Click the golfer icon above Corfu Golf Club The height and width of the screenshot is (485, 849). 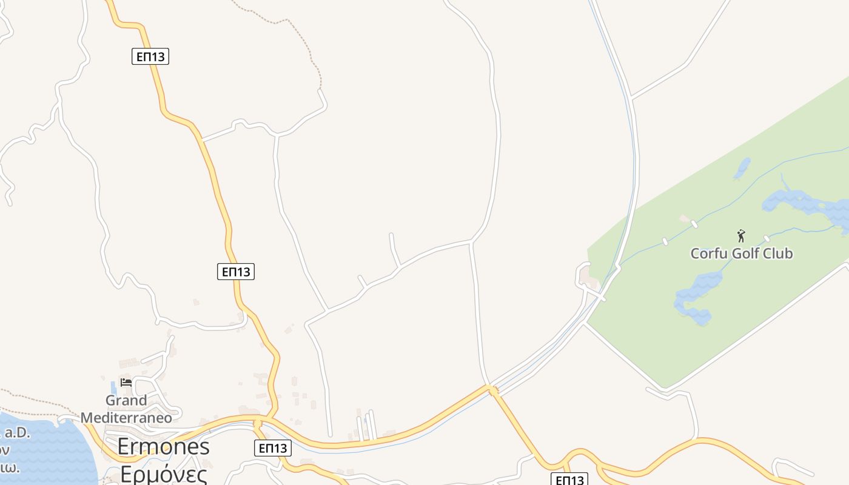[x=740, y=236]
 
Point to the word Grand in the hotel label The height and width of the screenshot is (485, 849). [x=126, y=401]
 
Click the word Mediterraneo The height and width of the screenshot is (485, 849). [x=126, y=418]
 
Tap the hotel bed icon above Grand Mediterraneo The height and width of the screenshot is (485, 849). [x=126, y=382]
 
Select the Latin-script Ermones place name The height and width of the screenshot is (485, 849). [x=163, y=447]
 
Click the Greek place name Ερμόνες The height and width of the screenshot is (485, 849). [x=163, y=472]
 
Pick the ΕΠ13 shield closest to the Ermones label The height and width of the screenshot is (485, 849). [x=272, y=448]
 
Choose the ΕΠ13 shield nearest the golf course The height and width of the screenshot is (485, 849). [x=569, y=480]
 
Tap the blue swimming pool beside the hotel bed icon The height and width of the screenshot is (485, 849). [x=113, y=388]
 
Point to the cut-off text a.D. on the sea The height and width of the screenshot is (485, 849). [x=16, y=433]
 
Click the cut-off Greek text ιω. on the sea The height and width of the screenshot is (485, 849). [x=8, y=468]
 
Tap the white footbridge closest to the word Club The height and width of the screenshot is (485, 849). [x=767, y=238]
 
